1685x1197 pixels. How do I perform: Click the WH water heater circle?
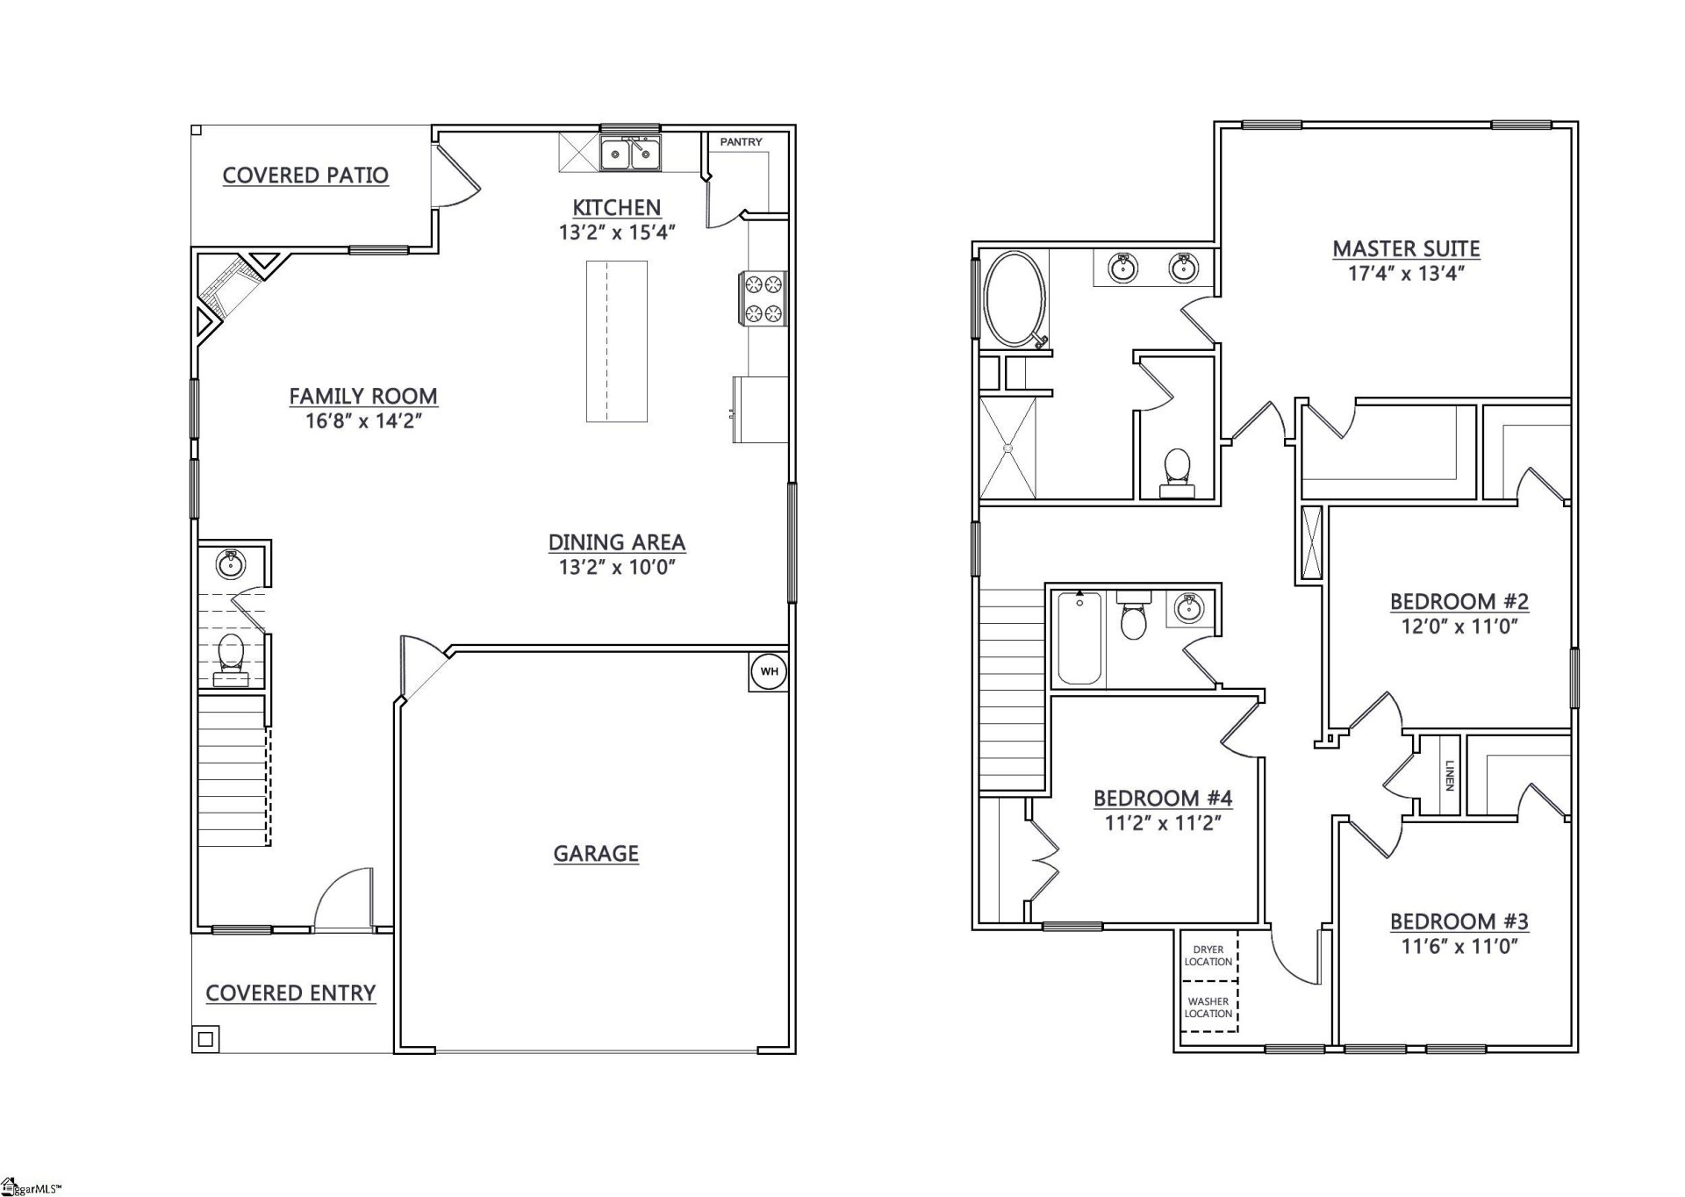(769, 672)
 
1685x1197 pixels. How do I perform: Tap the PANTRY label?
(741, 142)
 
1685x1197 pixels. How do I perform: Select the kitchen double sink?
(630, 154)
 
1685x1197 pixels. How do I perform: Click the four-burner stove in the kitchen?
(763, 298)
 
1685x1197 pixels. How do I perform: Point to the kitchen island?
(617, 340)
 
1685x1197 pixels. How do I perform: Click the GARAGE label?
(596, 853)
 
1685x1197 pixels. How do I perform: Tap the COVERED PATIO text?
(305, 176)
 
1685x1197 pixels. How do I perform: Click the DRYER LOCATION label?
(1208, 956)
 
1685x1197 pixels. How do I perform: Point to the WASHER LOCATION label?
(1208, 1007)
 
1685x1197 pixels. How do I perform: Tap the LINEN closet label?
(1450, 775)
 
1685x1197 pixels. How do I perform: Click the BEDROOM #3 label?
(1459, 921)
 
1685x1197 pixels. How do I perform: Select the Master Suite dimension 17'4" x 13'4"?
(1406, 274)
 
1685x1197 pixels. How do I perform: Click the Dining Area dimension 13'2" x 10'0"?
(617, 567)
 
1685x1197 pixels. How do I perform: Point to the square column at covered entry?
(205, 1040)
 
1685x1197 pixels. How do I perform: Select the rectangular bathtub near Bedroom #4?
(1079, 638)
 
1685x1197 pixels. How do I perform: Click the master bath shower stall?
(1007, 448)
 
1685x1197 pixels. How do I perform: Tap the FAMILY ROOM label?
(363, 397)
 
